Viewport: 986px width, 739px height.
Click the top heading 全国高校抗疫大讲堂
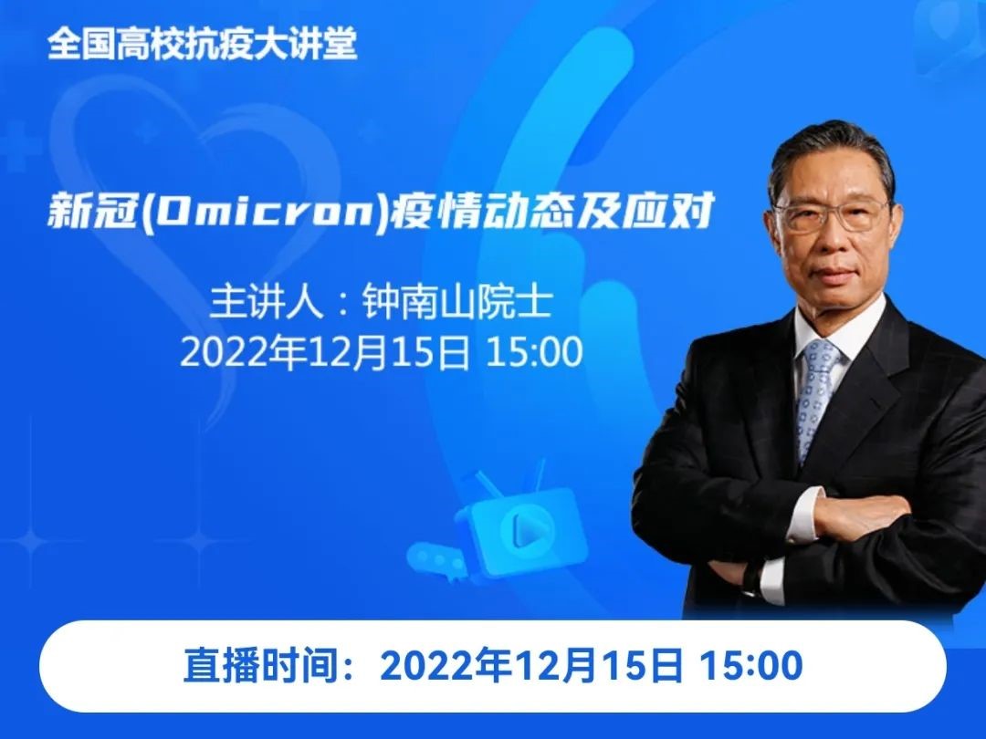click(x=203, y=44)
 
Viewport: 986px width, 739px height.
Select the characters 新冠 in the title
click(x=92, y=211)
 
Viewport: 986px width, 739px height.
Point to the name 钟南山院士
click(x=457, y=302)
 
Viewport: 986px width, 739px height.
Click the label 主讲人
click(x=267, y=302)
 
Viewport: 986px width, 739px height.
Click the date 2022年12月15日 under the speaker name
click(x=325, y=352)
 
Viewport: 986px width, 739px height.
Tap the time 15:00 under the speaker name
click(x=534, y=352)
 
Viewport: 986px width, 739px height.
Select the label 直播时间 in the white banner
click(x=261, y=665)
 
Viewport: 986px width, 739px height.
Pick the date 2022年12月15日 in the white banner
click(x=531, y=665)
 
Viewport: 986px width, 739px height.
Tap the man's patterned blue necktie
click(x=815, y=397)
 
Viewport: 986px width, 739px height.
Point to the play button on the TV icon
click(x=523, y=529)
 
